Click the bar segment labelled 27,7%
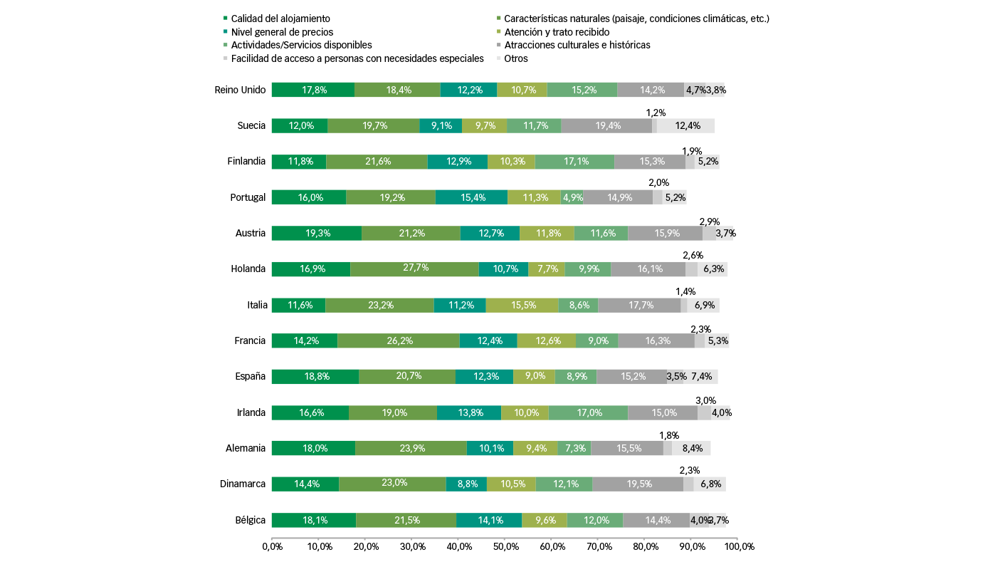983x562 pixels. [x=414, y=269]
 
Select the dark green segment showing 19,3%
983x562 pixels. [x=317, y=233]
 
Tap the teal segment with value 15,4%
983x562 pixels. [x=471, y=197]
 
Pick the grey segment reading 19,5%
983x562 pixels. [x=638, y=484]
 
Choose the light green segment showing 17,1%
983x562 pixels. [x=574, y=162]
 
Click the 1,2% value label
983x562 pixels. [x=656, y=113]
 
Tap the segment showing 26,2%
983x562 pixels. [x=399, y=340]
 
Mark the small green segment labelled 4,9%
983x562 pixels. [x=572, y=197]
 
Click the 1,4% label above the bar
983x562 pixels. [x=685, y=292]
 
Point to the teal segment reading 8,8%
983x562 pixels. [x=466, y=484]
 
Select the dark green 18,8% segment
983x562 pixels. [x=315, y=377]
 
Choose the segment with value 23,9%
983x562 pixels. [x=411, y=448]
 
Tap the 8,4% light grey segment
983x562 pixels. [x=691, y=448]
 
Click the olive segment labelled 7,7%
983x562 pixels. [x=547, y=269]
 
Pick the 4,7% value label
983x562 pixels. [x=695, y=90]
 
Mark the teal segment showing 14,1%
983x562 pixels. [x=489, y=520]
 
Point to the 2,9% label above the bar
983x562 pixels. [x=710, y=222]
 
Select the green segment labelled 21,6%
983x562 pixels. [x=377, y=162]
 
